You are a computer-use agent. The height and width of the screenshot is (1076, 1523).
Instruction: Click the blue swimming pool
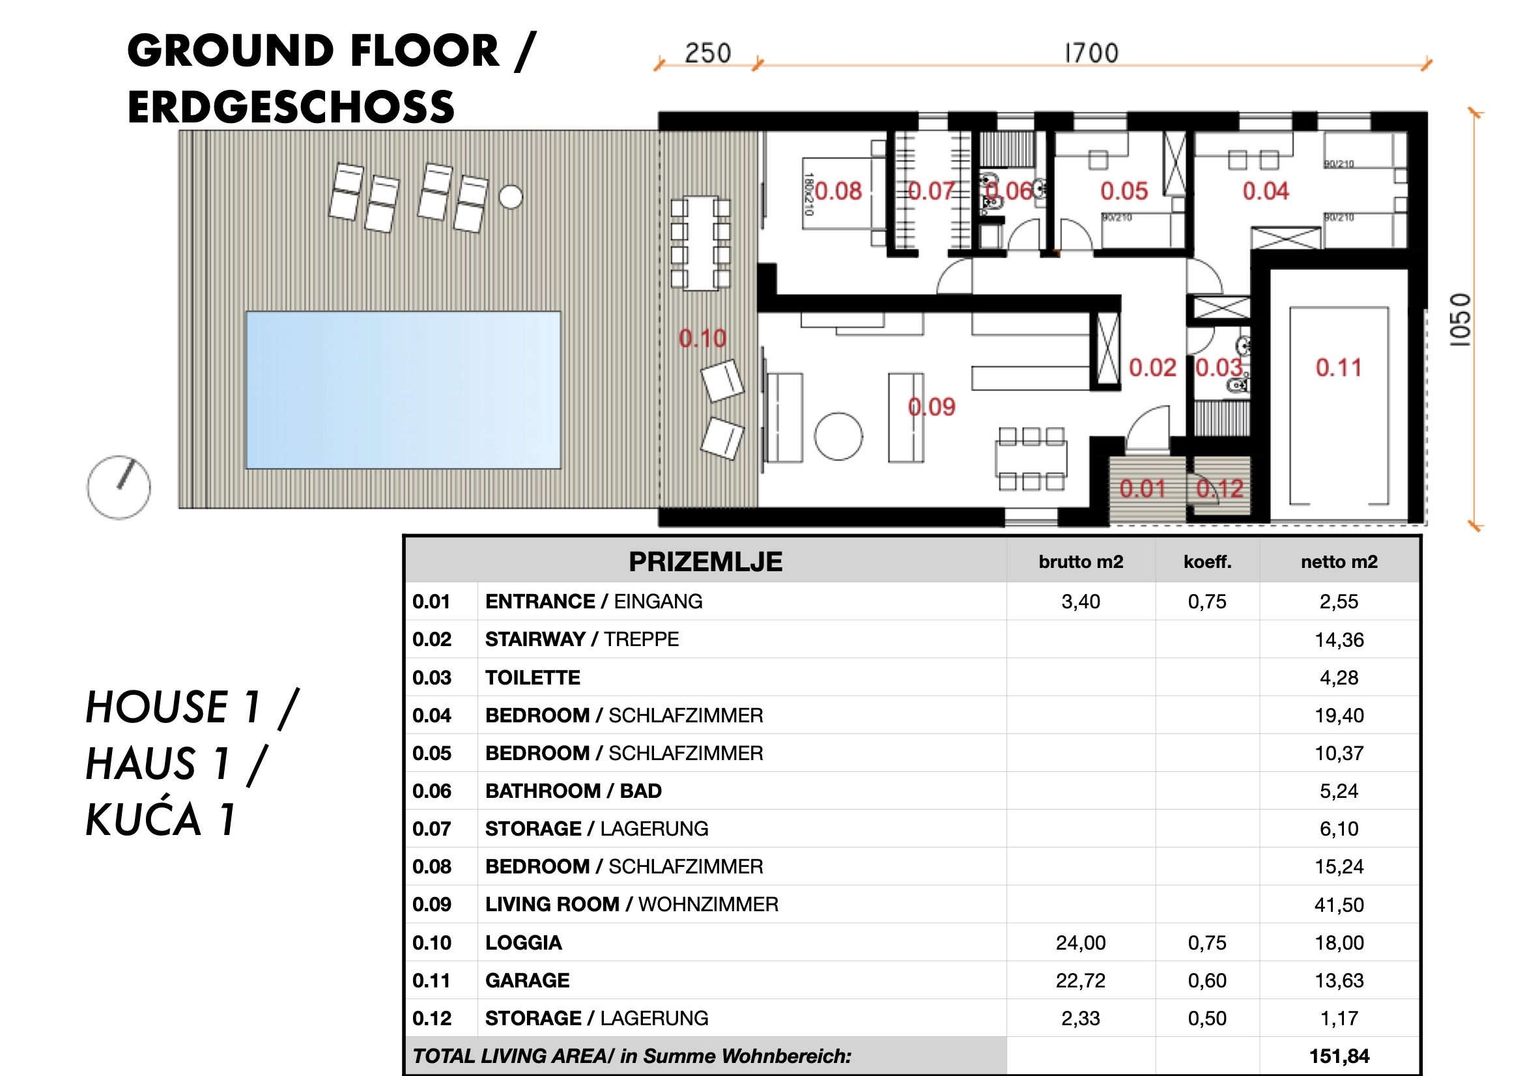coord(403,390)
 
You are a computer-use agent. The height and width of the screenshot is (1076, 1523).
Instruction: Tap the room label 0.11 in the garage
coord(1338,367)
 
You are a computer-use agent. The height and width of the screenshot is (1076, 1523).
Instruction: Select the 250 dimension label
coord(707,53)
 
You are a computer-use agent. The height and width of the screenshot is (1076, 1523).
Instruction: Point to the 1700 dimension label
coord(1091,53)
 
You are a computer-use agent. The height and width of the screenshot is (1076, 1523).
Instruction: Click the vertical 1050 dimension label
coord(1460,320)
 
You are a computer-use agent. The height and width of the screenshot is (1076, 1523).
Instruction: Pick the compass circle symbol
coord(119,488)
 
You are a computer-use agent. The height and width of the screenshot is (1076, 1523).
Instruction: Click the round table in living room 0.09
coord(838,436)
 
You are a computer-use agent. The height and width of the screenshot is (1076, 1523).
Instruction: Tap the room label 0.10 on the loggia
coord(702,338)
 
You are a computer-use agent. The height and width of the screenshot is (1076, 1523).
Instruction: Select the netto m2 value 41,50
coord(1339,905)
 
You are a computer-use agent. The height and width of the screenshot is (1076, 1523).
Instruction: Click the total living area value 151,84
coord(1339,1056)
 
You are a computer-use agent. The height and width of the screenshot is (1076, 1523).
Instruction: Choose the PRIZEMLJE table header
coord(705,562)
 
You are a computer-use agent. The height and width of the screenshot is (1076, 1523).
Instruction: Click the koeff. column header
coord(1207,562)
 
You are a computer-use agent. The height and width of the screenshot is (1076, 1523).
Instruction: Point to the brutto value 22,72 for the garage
coord(1081,980)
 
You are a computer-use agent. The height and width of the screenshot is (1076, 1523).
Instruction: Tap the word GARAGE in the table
coord(528,980)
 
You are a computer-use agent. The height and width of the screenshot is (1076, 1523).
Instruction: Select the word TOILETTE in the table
coord(533,677)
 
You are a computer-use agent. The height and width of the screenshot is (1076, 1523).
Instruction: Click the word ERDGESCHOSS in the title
coord(291,107)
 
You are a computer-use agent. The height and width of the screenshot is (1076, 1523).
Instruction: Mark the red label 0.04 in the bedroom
coord(1265,191)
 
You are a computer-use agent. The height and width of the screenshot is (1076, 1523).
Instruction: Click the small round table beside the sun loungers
coord(510,196)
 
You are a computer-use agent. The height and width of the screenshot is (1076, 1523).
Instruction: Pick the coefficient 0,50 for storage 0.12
coord(1207,1018)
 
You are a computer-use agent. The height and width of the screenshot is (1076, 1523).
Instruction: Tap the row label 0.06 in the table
coord(432,791)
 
